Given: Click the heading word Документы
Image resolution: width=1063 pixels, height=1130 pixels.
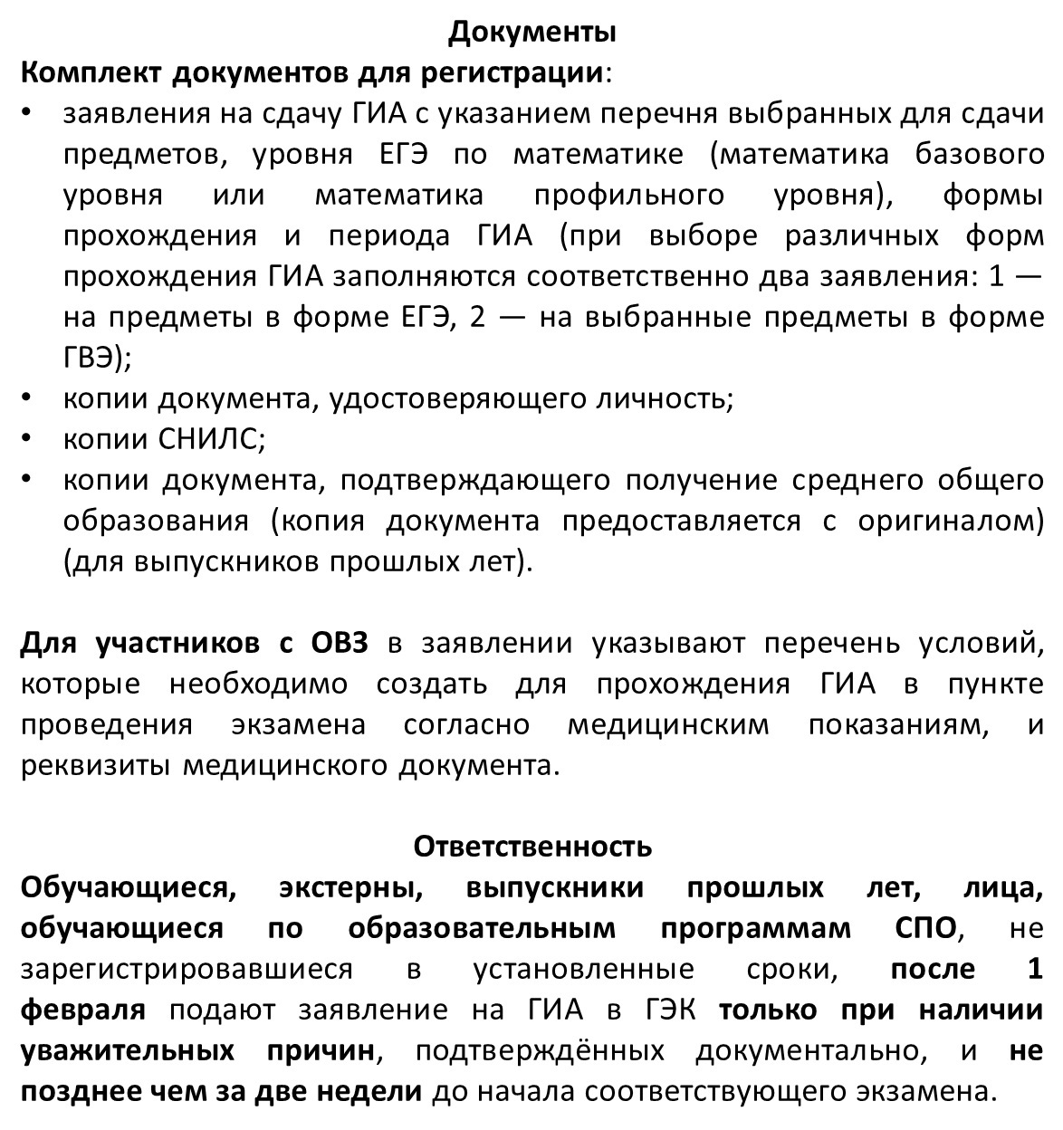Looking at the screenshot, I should click(x=532, y=33).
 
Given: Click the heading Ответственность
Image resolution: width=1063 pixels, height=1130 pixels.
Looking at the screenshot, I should click(x=532, y=847).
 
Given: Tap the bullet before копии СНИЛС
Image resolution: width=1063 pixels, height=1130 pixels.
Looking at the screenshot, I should click(x=28, y=439).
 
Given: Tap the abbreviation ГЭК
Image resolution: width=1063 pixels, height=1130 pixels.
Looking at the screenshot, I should click(x=672, y=1010).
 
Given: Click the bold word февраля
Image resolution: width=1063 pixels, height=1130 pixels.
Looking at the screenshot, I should click(x=82, y=1010).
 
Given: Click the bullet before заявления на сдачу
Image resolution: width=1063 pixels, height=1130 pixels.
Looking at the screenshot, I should click(x=28, y=113).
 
